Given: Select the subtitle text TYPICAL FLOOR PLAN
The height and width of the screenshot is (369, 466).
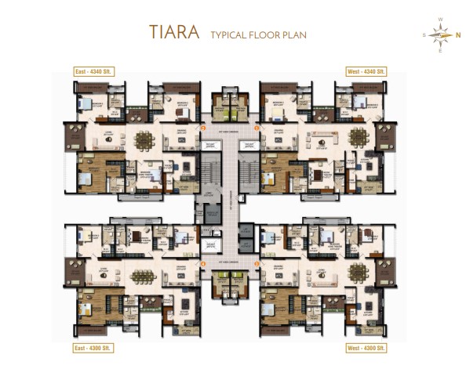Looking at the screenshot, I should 257,34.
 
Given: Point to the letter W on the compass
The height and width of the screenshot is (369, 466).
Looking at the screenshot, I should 440,19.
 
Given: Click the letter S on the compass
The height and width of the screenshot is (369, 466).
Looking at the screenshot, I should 424,34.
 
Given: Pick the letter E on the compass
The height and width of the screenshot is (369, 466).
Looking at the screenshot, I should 440,50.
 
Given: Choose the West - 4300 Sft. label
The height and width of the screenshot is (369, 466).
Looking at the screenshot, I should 365,345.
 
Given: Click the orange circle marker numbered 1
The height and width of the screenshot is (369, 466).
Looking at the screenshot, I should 257,126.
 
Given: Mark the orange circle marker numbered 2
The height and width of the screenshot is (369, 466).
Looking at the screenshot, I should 203,126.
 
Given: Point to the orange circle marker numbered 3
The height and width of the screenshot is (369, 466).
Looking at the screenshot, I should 203,264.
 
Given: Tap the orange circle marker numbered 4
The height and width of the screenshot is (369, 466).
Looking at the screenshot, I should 257,264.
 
